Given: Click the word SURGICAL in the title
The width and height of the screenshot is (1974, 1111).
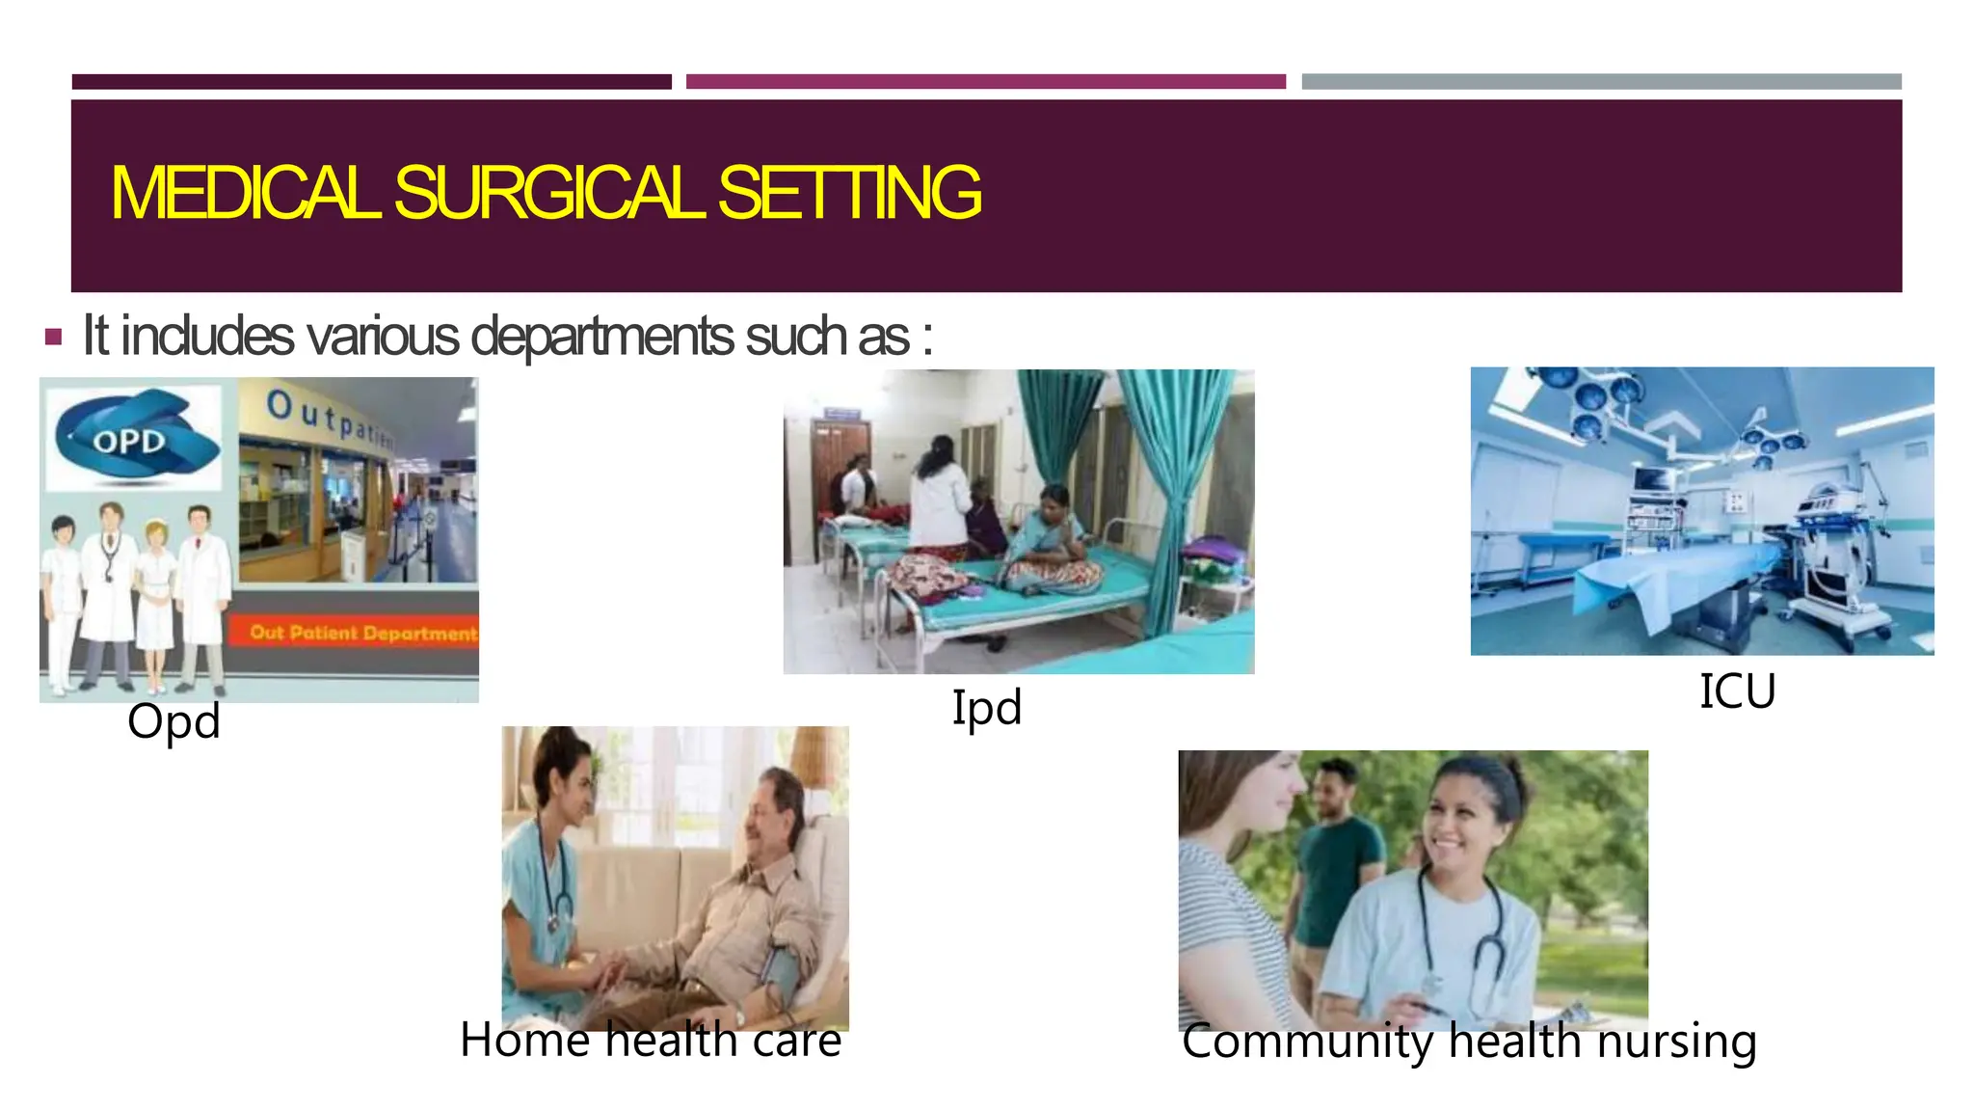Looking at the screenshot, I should [x=549, y=193].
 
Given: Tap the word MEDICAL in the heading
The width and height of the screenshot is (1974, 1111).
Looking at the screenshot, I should [x=245, y=193].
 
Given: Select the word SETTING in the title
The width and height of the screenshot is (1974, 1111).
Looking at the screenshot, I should [x=849, y=193].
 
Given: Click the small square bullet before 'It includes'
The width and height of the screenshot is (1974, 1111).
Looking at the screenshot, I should [x=54, y=338].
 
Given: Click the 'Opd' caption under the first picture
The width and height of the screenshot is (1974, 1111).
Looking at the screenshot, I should [x=173, y=721].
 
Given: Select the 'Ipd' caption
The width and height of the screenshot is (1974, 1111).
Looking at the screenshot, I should [x=986, y=708].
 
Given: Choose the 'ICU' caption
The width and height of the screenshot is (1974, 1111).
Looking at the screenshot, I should [x=1737, y=691].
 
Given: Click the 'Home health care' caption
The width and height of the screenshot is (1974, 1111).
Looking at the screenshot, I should [x=651, y=1041].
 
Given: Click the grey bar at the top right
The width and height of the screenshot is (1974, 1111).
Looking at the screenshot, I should [x=1601, y=82].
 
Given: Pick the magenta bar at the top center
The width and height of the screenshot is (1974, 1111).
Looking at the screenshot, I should [x=985, y=82].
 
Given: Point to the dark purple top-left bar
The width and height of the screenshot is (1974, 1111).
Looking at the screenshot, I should [x=371, y=82].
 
